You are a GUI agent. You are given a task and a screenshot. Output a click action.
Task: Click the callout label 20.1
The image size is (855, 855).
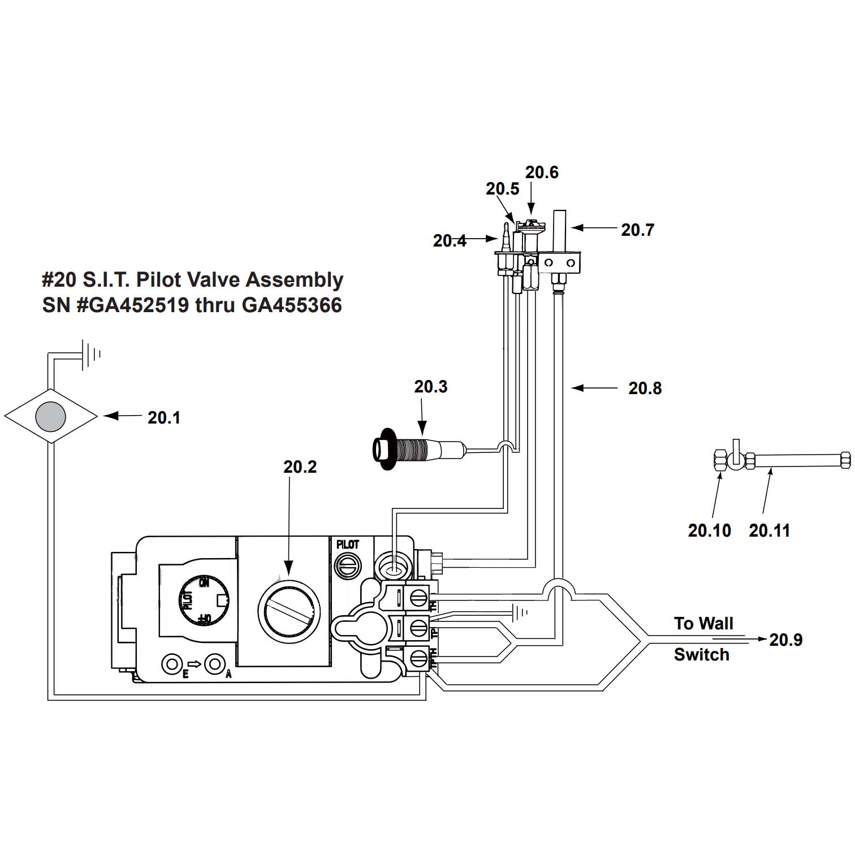[x=164, y=417]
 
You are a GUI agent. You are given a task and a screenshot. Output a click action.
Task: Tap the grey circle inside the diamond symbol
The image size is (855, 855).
[x=51, y=416]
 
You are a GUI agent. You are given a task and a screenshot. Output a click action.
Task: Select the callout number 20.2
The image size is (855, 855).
[x=300, y=467]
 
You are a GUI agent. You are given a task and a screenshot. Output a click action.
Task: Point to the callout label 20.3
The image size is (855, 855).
[x=431, y=387]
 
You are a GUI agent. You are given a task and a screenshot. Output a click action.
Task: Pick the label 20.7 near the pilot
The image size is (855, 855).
[x=637, y=230]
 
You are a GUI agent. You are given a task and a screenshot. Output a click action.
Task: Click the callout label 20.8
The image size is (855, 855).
[x=645, y=388]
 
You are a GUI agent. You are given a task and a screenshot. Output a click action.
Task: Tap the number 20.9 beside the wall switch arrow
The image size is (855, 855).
[x=786, y=640]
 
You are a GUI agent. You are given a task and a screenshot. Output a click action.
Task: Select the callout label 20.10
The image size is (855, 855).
[x=709, y=530]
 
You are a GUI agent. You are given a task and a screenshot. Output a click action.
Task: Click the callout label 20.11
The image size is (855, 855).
[x=770, y=530]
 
